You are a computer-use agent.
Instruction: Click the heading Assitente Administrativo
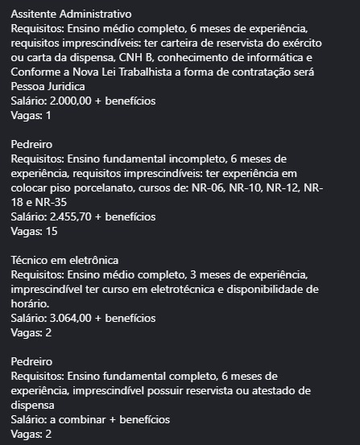[72, 14]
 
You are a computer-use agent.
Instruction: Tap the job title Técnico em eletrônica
[65, 260]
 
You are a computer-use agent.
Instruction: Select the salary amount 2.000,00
[77, 101]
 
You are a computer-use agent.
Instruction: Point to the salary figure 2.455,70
[77, 217]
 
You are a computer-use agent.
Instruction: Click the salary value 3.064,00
[77, 319]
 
